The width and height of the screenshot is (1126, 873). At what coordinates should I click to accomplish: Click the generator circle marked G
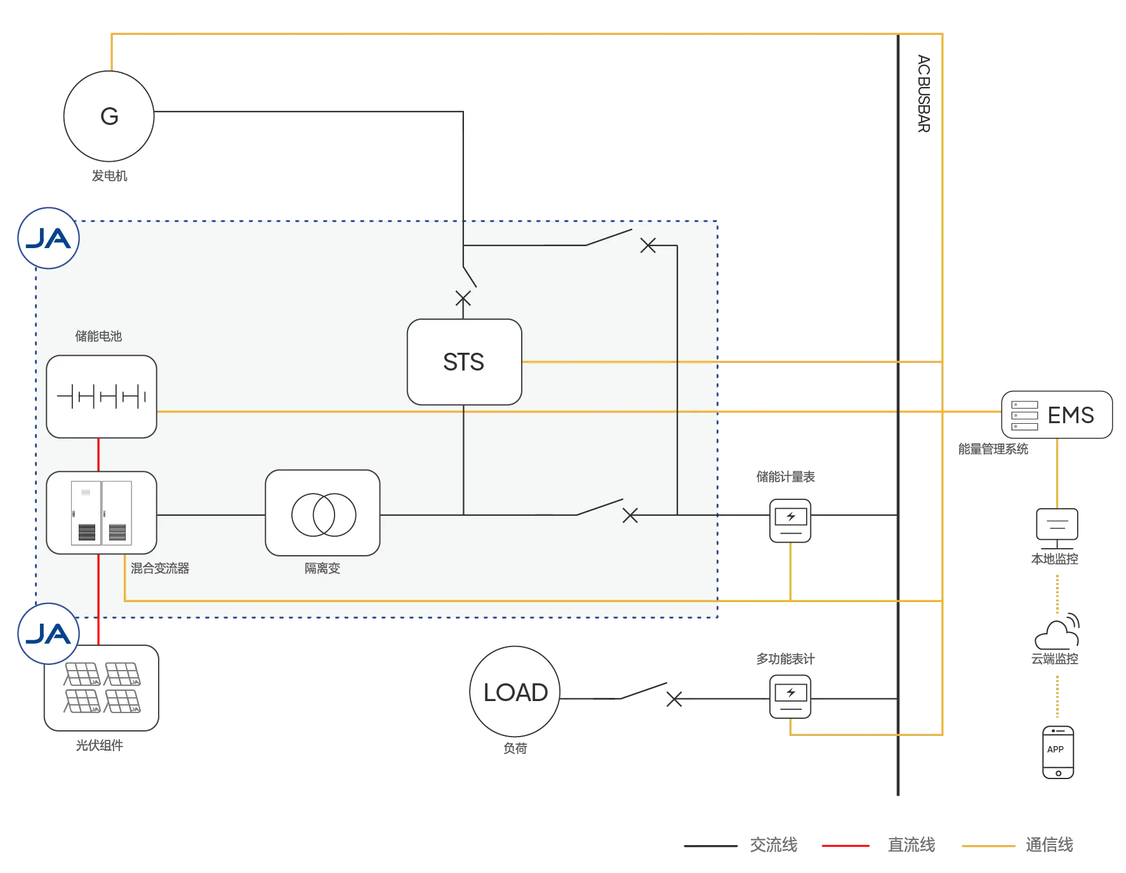[109, 116]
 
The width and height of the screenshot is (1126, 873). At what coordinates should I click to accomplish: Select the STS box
[464, 362]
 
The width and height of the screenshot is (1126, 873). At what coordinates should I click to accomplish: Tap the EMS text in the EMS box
[1071, 415]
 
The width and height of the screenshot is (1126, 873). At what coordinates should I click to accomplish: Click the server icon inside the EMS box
[1024, 416]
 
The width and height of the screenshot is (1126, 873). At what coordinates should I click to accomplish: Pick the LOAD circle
[515, 692]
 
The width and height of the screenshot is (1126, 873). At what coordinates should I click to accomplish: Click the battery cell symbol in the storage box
[102, 397]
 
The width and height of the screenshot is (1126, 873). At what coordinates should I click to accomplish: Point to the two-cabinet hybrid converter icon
[102, 513]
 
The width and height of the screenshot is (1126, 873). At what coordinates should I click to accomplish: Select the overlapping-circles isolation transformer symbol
[323, 514]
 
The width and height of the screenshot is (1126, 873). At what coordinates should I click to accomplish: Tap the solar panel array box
[102, 688]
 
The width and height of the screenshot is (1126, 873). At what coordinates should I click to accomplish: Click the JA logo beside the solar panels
[48, 634]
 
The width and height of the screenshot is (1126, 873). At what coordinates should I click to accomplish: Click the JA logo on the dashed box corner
[48, 239]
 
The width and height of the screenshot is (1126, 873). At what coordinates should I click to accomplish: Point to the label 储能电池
[98, 336]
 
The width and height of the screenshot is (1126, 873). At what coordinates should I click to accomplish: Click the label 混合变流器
[160, 568]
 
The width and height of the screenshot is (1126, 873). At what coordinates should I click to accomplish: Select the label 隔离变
[322, 568]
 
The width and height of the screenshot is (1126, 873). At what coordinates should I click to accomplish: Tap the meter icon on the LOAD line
[790, 697]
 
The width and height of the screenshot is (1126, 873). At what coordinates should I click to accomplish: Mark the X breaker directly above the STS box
[463, 298]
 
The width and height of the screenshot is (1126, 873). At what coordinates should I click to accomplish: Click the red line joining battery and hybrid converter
[98, 454]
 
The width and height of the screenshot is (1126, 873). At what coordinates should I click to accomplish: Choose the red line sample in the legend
[845, 845]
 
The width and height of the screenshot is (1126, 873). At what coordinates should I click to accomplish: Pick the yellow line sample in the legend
[990, 845]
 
